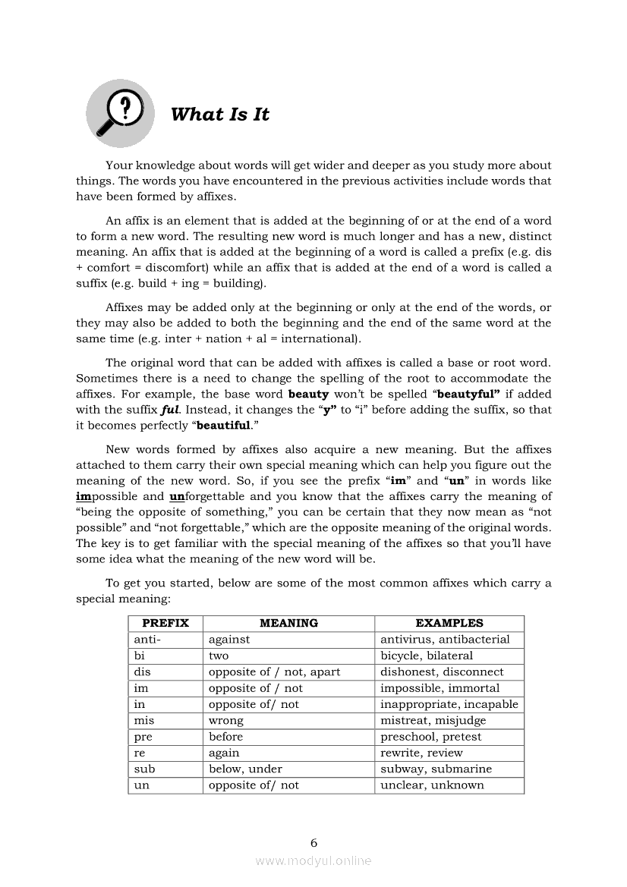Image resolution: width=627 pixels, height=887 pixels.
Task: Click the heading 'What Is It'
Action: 220,115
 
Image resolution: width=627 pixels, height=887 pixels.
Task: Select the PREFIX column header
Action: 165,623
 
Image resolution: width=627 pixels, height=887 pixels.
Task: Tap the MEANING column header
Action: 288,623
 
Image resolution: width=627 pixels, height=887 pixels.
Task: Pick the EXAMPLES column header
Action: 449,623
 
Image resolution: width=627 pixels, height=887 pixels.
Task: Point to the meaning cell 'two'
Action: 219,656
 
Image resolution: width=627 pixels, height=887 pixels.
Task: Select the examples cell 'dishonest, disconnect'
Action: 442,672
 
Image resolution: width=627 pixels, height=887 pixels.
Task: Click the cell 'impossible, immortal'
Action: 440,688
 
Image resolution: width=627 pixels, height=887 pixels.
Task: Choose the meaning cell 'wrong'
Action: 226,720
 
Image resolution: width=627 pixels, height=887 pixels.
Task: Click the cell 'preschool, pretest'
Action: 430,737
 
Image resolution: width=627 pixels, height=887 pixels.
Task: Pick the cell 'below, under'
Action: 245,769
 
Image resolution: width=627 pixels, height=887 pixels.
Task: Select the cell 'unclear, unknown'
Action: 432,785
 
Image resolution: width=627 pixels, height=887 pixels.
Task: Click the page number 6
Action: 313,842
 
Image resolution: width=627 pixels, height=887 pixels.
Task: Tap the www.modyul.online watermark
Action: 313,860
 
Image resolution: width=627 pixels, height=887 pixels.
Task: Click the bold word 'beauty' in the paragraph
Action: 308,394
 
